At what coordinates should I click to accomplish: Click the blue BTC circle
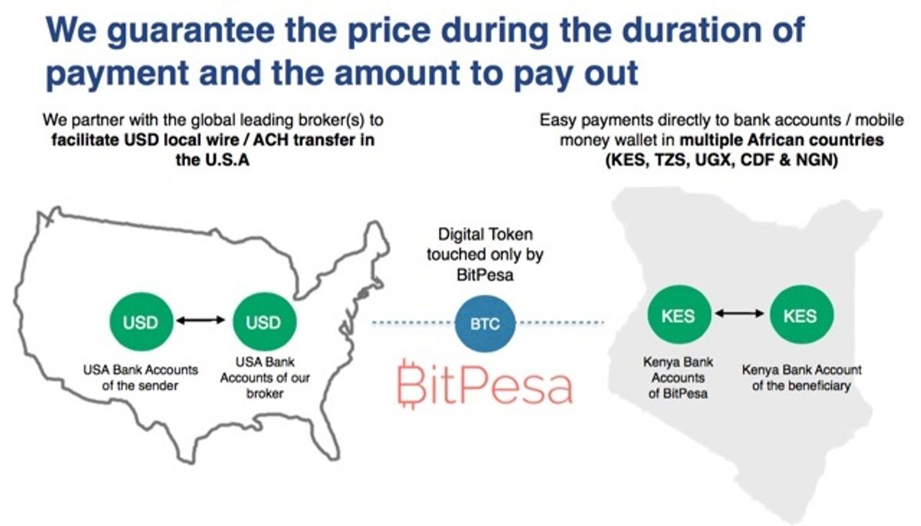click(x=486, y=323)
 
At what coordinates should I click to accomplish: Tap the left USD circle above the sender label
click(x=140, y=323)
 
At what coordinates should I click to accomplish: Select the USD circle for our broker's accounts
click(x=262, y=323)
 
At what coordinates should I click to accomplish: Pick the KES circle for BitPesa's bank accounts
click(x=677, y=316)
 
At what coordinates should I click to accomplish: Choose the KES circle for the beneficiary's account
click(x=800, y=316)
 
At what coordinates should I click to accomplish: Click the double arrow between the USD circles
click(x=201, y=323)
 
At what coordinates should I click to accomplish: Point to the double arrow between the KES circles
click(x=738, y=314)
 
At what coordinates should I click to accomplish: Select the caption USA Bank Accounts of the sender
click(x=140, y=377)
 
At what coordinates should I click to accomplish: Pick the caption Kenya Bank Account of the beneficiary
click(x=801, y=378)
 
